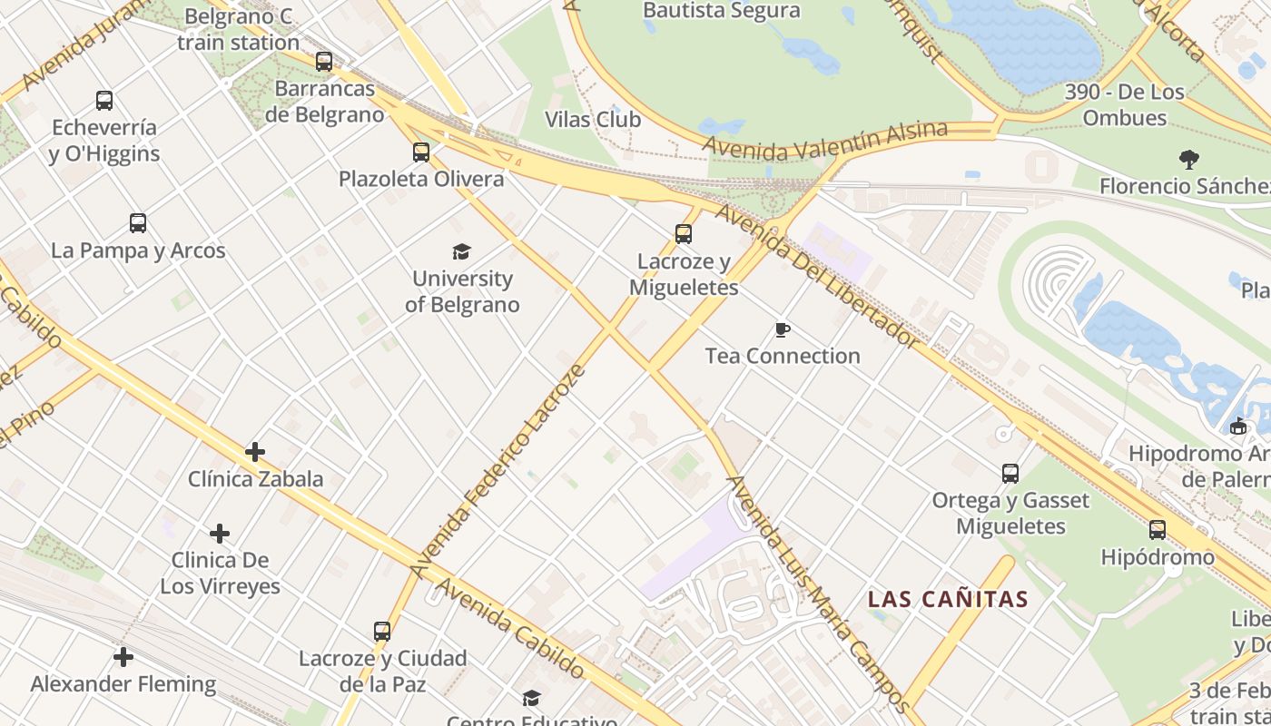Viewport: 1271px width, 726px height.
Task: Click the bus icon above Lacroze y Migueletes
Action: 684,234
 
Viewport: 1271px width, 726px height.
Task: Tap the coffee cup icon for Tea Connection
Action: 783,329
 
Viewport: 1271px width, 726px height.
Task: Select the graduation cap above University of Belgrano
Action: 462,251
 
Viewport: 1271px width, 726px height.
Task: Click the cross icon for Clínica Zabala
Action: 255,451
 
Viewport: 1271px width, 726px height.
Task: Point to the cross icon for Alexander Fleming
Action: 123,656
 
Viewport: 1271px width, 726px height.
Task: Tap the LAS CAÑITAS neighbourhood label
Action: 948,599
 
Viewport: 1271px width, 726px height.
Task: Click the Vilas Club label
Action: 593,120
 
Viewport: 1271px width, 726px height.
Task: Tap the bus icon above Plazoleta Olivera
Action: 421,152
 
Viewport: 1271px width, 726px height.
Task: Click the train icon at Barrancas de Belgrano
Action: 324,62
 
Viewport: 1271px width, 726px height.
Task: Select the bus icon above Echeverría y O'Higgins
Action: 104,101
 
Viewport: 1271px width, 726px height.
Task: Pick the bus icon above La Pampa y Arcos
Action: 138,223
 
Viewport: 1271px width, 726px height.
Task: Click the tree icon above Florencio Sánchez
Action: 1188,160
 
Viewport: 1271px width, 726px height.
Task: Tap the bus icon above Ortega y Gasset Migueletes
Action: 1010,473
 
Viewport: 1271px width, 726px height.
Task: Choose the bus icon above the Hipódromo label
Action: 1158,529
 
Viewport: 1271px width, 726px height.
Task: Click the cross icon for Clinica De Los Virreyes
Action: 220,533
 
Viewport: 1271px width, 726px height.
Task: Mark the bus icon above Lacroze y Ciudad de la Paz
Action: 382,631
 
